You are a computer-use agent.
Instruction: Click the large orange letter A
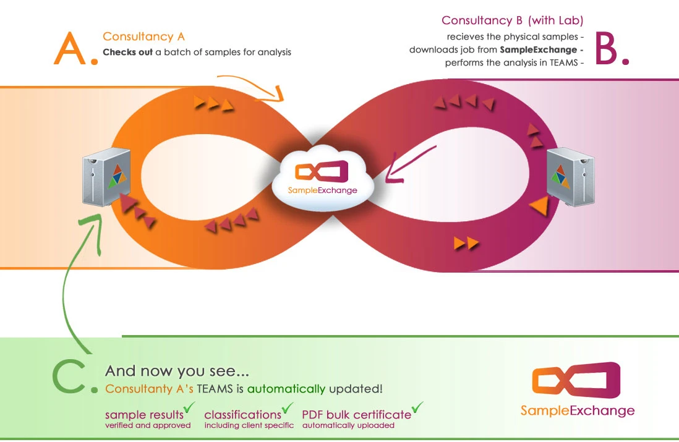70,48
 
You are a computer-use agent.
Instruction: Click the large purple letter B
606,48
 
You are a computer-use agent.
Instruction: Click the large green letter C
69,377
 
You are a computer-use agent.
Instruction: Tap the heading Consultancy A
143,37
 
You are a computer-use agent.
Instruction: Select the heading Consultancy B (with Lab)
512,20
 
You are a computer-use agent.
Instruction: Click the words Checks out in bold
128,52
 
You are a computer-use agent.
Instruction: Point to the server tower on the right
571,177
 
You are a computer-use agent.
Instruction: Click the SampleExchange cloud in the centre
323,178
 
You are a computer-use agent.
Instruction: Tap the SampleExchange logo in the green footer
577,389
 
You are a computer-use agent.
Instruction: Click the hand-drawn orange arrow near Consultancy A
251,87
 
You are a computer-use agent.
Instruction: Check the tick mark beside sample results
189,407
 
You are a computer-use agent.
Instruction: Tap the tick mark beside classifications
288,407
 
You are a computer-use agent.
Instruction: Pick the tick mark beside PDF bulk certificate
417,407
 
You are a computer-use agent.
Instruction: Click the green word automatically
286,389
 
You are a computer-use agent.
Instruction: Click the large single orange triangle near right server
540,205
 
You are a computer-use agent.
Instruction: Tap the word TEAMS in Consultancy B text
564,62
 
